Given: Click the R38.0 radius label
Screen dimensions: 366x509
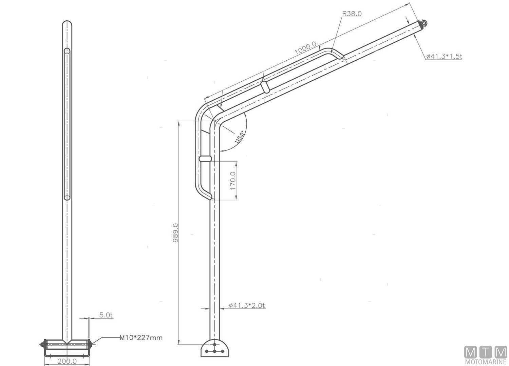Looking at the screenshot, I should click(x=352, y=14).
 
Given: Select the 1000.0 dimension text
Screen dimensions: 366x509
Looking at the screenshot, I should click(x=305, y=48).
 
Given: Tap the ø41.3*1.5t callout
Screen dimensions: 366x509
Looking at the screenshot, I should click(x=444, y=56).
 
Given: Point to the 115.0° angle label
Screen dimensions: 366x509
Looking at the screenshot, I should click(x=240, y=137).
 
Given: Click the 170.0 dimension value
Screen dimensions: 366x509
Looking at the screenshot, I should click(x=233, y=181).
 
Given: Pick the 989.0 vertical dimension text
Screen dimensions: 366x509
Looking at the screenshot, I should click(x=175, y=232).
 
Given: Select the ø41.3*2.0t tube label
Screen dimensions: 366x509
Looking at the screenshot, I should click(x=247, y=305).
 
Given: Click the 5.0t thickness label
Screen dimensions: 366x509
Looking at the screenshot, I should click(x=106, y=315).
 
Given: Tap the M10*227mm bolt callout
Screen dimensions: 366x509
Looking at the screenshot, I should click(x=141, y=338).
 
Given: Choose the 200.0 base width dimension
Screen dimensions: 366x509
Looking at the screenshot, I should click(x=67, y=361).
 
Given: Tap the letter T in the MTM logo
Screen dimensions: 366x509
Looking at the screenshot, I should click(x=485, y=352).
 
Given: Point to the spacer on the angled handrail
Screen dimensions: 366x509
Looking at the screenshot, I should click(x=265, y=86).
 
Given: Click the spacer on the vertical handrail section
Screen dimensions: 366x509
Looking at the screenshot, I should click(x=205, y=158).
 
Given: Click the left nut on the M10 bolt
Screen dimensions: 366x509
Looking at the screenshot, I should click(x=42, y=344).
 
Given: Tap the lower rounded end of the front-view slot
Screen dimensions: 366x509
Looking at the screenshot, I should click(x=67, y=197).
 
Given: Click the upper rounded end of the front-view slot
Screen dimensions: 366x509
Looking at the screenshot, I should click(x=67, y=51).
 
